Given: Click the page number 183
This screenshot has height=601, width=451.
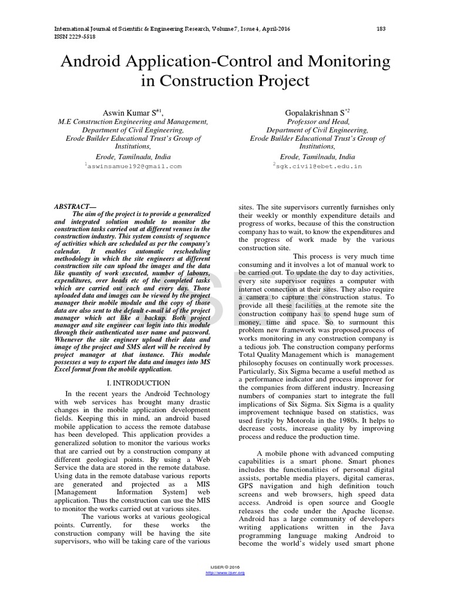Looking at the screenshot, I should point(381,29).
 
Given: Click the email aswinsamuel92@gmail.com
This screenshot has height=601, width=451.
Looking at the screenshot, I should point(134,167).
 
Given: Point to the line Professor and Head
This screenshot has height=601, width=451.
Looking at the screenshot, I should point(318,121).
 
